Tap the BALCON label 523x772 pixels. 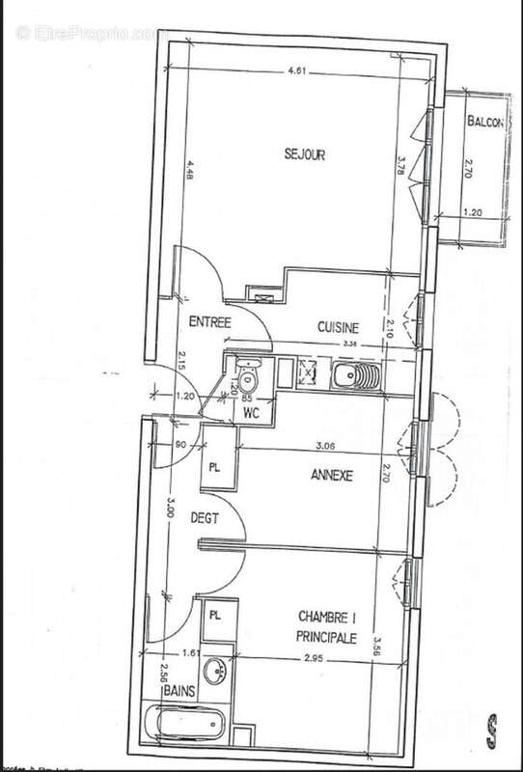483,124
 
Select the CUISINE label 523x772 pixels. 339,326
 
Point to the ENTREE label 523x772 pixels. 208,322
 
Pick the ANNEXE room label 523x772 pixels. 333,476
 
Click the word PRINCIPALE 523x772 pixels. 327,638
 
